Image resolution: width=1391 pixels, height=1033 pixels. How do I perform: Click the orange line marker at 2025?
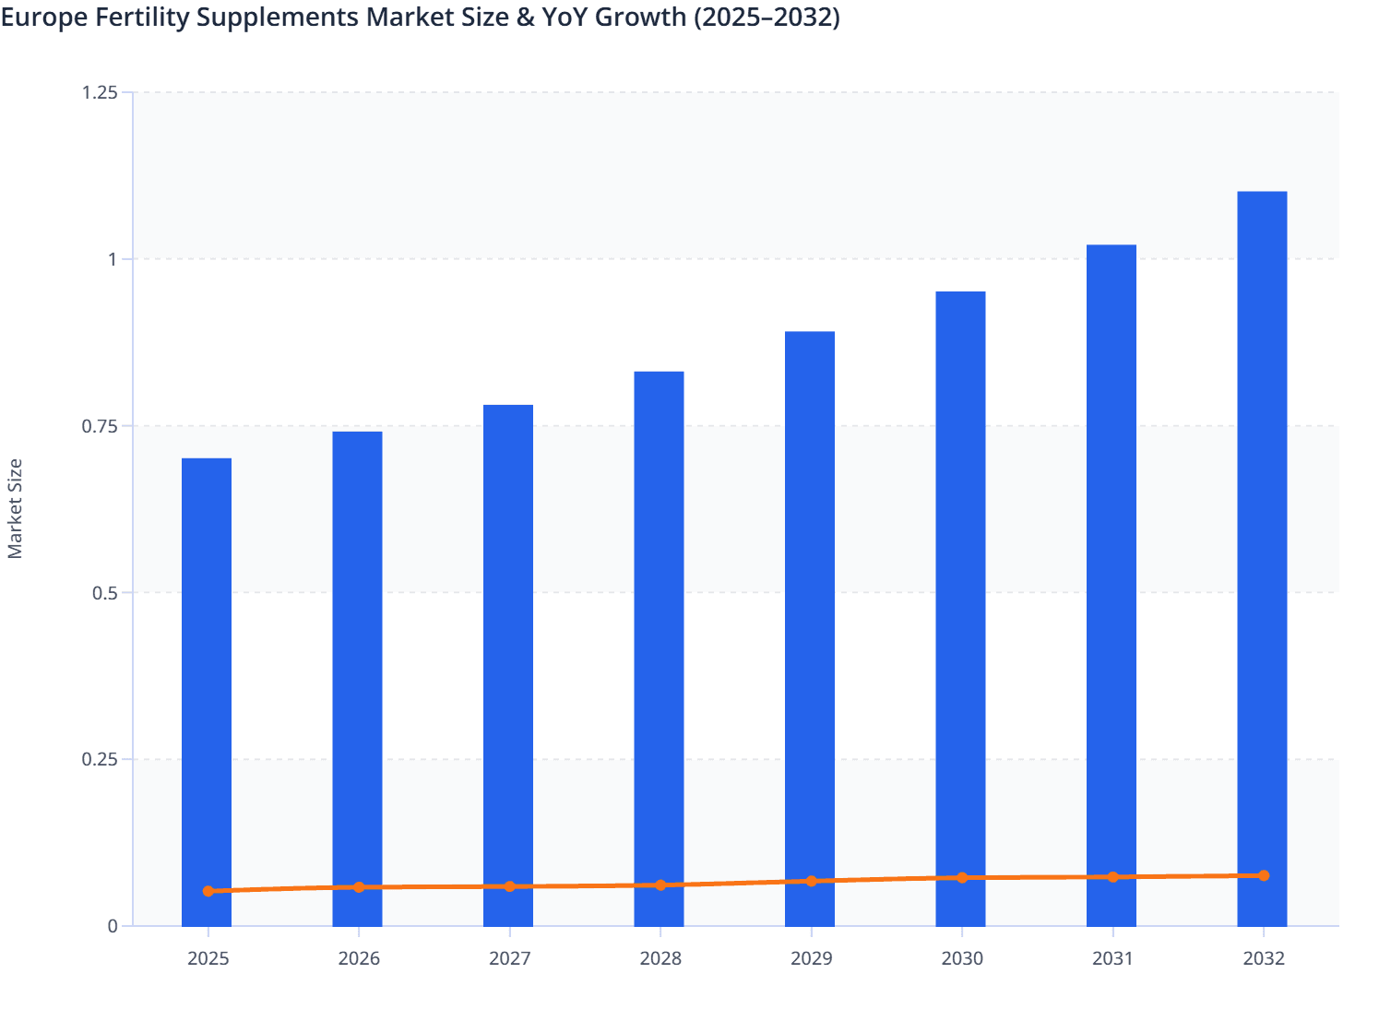tap(208, 891)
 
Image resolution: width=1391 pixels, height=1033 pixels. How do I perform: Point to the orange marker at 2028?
tap(660, 885)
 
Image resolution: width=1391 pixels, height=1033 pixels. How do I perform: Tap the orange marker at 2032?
tap(1264, 875)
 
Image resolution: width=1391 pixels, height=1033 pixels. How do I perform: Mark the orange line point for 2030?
tap(962, 878)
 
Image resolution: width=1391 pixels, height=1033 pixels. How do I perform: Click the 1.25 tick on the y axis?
tap(100, 92)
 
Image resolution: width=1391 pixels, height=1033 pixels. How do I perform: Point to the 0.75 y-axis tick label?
tap(100, 426)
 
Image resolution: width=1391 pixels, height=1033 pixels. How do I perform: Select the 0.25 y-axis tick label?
tap(100, 760)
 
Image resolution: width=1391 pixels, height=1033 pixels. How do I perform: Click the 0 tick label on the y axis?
tap(113, 926)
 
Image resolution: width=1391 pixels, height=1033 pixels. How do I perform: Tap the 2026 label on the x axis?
tap(359, 958)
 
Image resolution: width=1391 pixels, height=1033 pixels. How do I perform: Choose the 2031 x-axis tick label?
tap(1112, 958)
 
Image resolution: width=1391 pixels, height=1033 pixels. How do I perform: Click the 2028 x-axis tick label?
tap(660, 958)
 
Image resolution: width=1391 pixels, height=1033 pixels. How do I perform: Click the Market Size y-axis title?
tap(16, 508)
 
